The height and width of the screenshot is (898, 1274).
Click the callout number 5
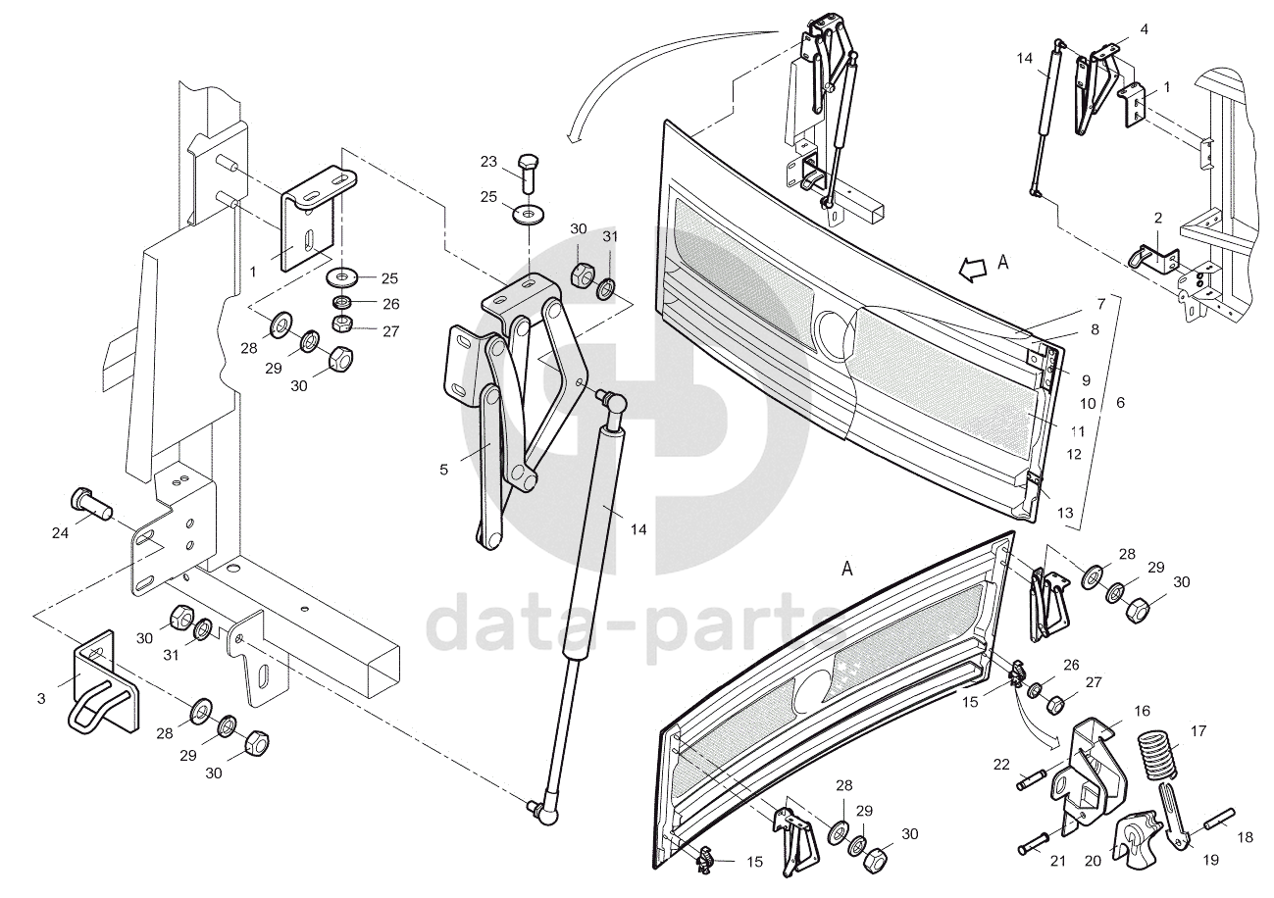point(443,471)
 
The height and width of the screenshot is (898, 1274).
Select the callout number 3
point(41,698)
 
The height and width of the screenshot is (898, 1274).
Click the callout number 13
point(1065,513)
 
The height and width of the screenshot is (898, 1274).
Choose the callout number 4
point(1144,29)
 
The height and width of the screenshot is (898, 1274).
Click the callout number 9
point(1086,379)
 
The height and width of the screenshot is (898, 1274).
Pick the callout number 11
point(1076,430)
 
